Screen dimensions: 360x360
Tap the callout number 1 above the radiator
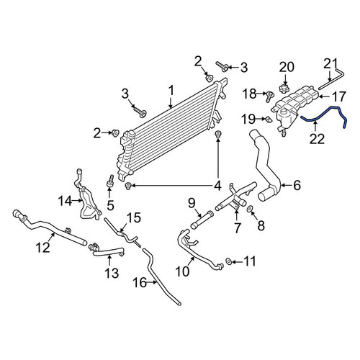click(171, 91)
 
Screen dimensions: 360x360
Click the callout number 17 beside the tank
click(338, 96)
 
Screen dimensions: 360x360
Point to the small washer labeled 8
click(249, 209)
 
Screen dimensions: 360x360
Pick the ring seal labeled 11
click(228, 261)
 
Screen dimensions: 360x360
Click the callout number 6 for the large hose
click(297, 185)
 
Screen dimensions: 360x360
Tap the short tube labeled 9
click(202, 220)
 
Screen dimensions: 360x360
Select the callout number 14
click(65, 201)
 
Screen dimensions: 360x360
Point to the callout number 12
click(43, 248)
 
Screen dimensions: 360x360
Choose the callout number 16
click(140, 283)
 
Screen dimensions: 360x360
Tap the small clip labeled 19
click(269, 120)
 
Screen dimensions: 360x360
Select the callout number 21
click(330, 64)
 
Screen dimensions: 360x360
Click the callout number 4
click(217, 186)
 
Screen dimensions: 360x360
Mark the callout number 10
click(182, 271)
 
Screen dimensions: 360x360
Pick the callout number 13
click(112, 273)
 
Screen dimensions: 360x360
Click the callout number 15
click(134, 218)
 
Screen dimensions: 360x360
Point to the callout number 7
click(237, 228)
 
